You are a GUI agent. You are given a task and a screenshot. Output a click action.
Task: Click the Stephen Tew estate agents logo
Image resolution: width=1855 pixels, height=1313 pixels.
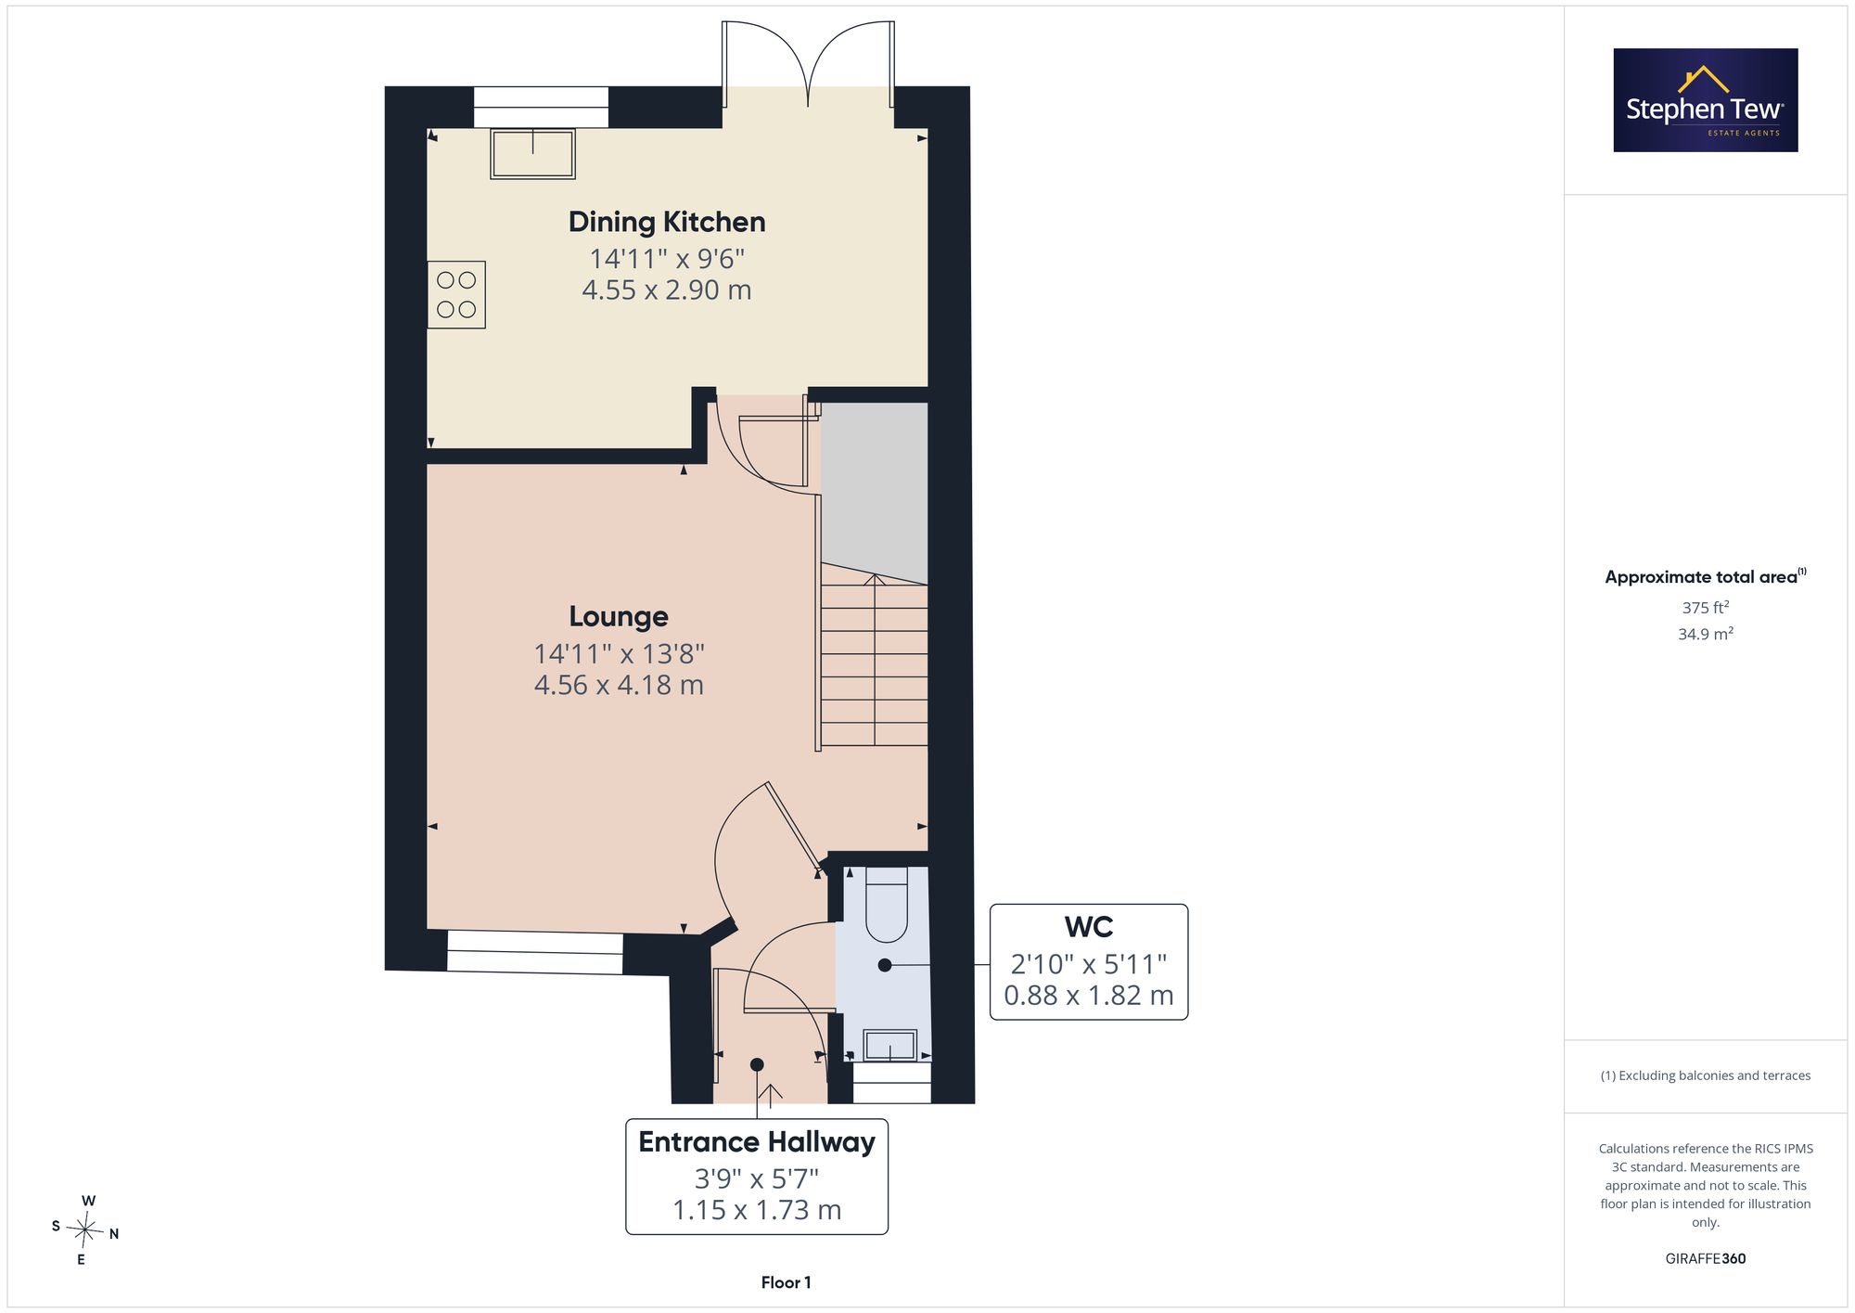pyautogui.click(x=1706, y=100)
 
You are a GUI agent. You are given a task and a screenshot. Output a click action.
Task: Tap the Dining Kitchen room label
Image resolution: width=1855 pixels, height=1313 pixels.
pyautogui.click(x=667, y=222)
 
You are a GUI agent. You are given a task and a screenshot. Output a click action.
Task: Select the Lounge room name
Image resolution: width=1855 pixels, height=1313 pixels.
pyautogui.click(x=619, y=616)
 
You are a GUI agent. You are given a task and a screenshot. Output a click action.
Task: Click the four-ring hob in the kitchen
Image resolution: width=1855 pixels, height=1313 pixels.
pyautogui.click(x=456, y=295)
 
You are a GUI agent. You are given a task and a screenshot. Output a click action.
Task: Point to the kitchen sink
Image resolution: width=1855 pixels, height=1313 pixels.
pyautogui.click(x=532, y=154)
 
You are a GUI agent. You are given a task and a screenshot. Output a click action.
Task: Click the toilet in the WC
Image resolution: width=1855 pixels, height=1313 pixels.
pyautogui.click(x=887, y=905)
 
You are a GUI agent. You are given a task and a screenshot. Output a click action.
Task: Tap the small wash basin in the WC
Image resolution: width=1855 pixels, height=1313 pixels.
pyautogui.click(x=890, y=1046)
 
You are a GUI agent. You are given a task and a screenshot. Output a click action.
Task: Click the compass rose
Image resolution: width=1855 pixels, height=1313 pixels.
pyautogui.click(x=85, y=1230)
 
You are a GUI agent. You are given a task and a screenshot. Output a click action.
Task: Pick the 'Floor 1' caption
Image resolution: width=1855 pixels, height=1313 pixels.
pyautogui.click(x=786, y=1282)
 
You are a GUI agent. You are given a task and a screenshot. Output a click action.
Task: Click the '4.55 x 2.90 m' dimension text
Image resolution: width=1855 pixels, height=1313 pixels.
pyautogui.click(x=667, y=290)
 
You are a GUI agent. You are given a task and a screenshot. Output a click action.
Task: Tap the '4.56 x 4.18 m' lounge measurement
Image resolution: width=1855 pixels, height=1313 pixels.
pyautogui.click(x=619, y=685)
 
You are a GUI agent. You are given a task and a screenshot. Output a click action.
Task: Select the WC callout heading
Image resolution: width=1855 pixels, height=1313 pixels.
pyautogui.click(x=1089, y=927)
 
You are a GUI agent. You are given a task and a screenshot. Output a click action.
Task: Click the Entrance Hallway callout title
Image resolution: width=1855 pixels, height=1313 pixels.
pyautogui.click(x=757, y=1141)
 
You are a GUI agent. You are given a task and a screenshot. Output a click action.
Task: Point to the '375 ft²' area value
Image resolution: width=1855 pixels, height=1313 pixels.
pyautogui.click(x=1706, y=608)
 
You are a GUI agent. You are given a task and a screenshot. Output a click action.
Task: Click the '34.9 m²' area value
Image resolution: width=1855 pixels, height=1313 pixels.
pyautogui.click(x=1706, y=634)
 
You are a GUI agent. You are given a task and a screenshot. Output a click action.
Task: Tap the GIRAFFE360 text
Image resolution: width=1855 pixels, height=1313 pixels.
pyautogui.click(x=1706, y=1258)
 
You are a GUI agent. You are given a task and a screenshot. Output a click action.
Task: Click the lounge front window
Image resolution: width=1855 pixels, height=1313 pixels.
pyautogui.click(x=535, y=952)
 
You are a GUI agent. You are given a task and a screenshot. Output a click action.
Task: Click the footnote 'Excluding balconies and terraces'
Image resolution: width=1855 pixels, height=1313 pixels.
pyautogui.click(x=1706, y=1075)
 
